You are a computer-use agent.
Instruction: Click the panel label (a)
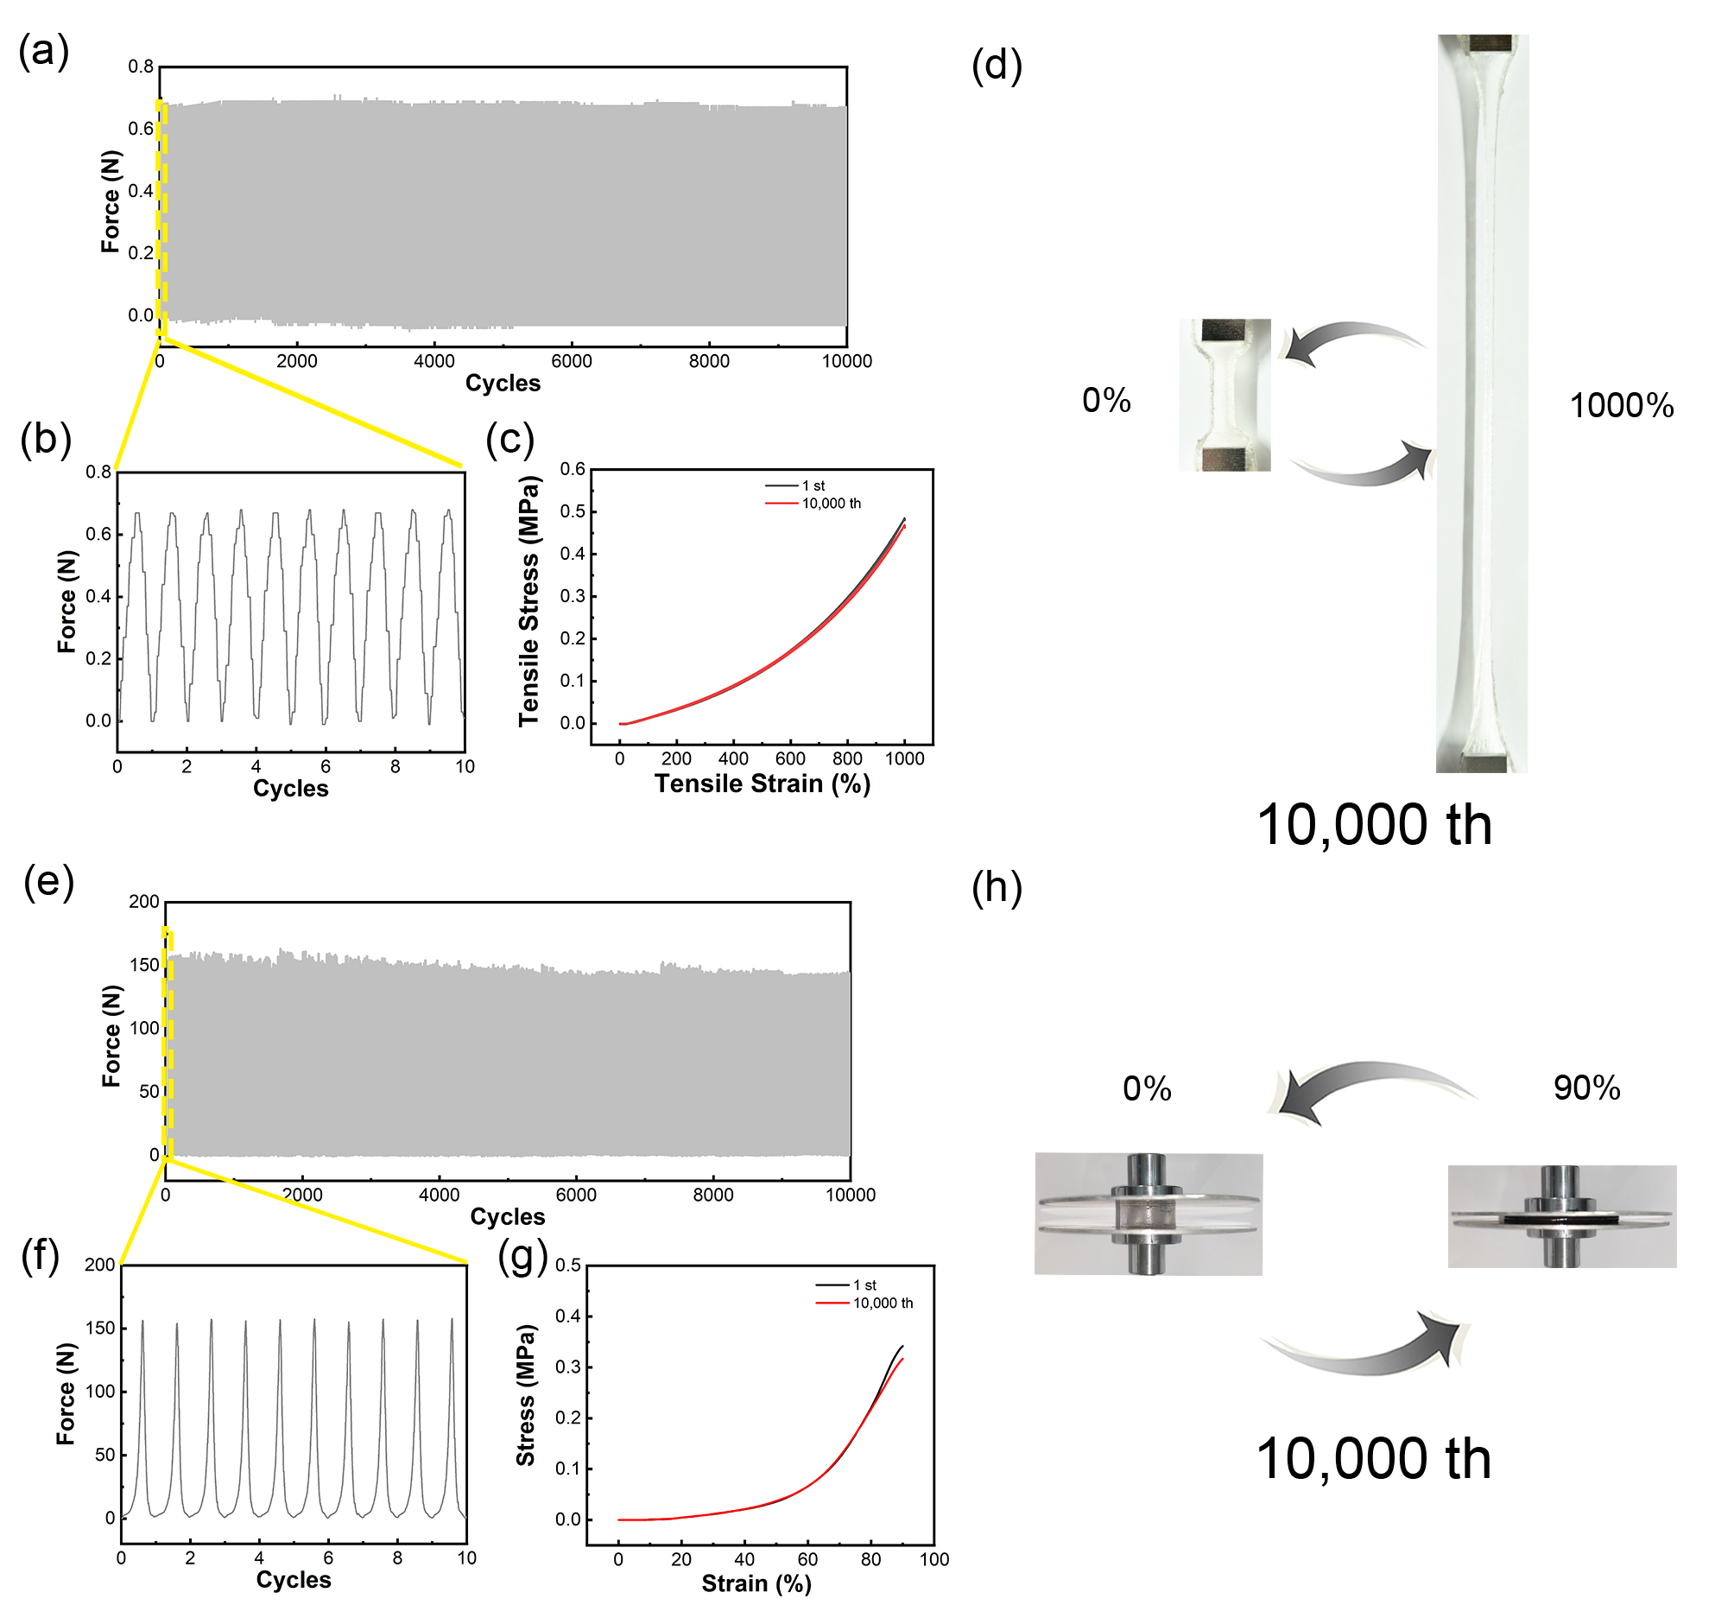point(44,50)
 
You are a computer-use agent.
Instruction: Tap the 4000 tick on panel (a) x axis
point(434,361)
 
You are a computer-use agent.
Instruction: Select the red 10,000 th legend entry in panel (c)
point(813,504)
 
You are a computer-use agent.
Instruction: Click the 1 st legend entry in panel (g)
point(846,1285)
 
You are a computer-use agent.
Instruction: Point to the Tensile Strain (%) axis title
point(763,783)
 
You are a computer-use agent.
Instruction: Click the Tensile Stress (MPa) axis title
point(528,601)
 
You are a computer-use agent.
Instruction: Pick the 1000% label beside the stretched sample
point(1621,406)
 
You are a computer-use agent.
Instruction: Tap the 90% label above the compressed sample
point(1586,1088)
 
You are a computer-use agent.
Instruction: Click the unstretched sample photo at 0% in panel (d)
point(1225,395)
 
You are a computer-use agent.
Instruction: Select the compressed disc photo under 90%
point(1562,1216)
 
